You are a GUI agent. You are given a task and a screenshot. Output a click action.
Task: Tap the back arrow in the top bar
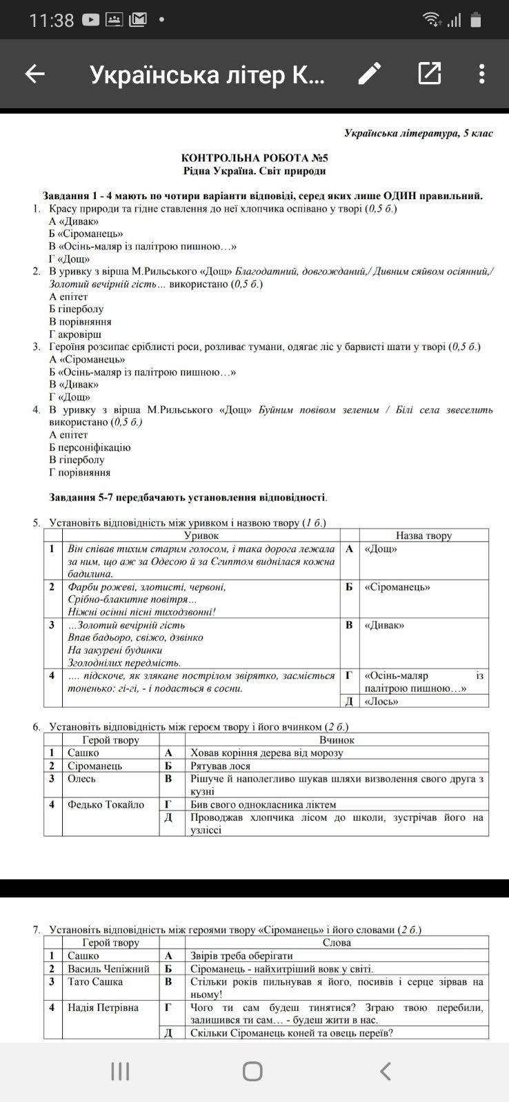pyautogui.click(x=34, y=74)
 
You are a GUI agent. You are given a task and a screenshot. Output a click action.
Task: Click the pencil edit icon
pyautogui.click(x=370, y=73)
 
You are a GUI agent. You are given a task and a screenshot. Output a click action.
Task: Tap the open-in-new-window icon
pyautogui.click(x=429, y=73)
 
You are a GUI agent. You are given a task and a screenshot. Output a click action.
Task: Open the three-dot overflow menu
pyautogui.click(x=481, y=73)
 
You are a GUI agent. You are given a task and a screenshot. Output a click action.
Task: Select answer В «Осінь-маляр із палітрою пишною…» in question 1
pyautogui.click(x=143, y=246)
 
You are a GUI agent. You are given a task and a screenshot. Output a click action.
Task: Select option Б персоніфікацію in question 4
pyautogui.click(x=90, y=447)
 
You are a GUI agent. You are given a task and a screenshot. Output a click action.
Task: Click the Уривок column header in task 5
pyautogui.click(x=201, y=535)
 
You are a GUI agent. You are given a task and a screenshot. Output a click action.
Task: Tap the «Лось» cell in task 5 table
pyautogui.click(x=381, y=702)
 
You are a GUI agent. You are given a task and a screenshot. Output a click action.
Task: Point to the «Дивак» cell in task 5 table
pyautogui.click(x=384, y=625)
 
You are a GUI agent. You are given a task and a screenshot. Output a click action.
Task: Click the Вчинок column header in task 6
pyautogui.click(x=337, y=740)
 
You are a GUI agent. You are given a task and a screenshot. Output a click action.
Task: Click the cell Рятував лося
pyautogui.click(x=221, y=766)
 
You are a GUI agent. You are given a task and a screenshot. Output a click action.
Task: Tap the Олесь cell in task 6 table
pyautogui.click(x=82, y=779)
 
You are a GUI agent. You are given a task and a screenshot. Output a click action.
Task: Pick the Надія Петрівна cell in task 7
pyautogui.click(x=103, y=1008)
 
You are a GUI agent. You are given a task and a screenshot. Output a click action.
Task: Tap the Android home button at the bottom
pyautogui.click(x=252, y=1072)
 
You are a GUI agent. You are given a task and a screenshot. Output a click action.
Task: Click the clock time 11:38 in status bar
pyautogui.click(x=51, y=20)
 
